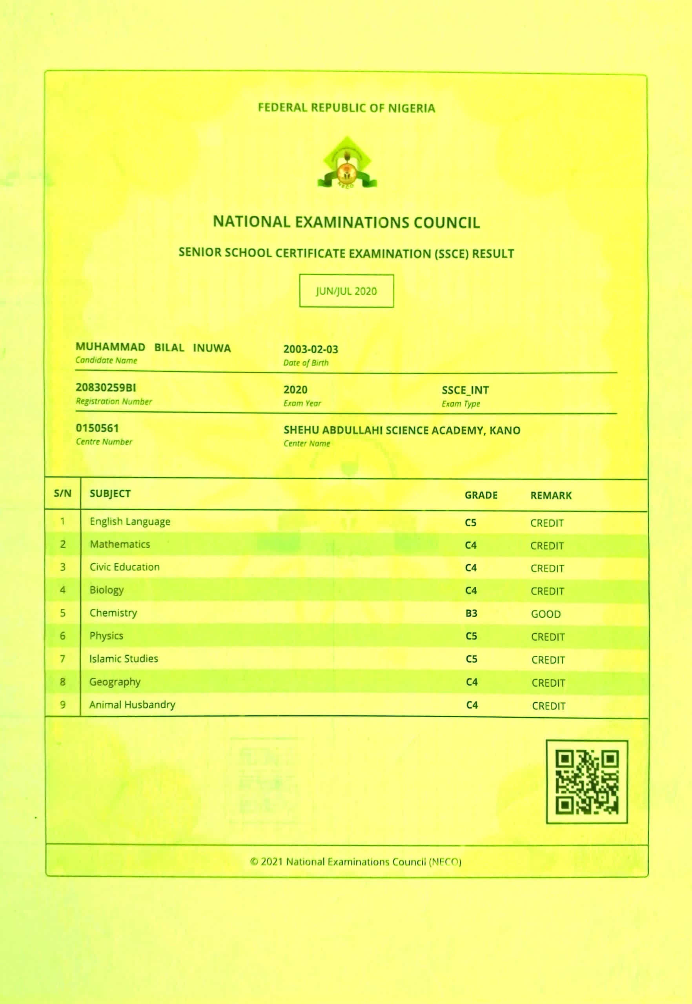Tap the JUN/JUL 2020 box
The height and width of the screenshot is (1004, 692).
click(346, 291)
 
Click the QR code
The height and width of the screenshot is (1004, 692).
click(586, 781)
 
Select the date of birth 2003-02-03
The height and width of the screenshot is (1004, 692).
click(310, 349)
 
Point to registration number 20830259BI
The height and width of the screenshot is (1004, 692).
click(106, 387)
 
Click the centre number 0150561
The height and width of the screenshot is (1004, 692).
click(97, 428)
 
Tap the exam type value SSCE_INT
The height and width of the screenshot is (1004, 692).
click(465, 390)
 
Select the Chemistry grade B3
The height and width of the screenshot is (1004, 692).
click(471, 613)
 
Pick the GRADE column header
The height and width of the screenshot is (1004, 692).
click(481, 495)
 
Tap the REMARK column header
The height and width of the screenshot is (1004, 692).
click(551, 495)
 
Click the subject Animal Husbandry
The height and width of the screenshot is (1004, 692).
click(132, 705)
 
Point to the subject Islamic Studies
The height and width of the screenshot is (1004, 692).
click(124, 659)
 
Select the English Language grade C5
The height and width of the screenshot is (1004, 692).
click(470, 523)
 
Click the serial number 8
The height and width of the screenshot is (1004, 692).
click(62, 682)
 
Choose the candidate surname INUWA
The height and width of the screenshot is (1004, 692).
click(211, 348)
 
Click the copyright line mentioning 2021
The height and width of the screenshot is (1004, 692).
click(355, 862)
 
